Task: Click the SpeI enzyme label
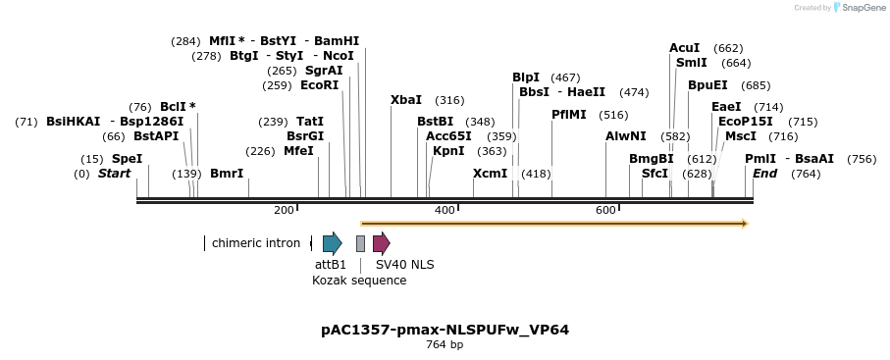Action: [x=127, y=158]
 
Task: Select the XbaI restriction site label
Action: [x=406, y=100]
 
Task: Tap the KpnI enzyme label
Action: [x=448, y=151]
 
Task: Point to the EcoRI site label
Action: [x=319, y=85]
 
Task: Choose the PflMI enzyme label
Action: [x=569, y=115]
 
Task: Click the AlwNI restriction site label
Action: [x=626, y=136]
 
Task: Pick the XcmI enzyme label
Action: [x=491, y=174]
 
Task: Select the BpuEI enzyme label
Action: [x=707, y=85]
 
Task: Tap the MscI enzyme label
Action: [x=741, y=136]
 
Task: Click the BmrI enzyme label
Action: [x=227, y=174]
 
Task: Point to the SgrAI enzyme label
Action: [x=324, y=71]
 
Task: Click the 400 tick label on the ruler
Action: [x=445, y=211]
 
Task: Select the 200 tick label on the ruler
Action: [x=284, y=211]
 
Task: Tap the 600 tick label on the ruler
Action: [x=605, y=211]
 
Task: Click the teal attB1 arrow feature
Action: [x=332, y=243]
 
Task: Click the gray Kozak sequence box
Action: [x=360, y=243]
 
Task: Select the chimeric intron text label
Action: [x=256, y=243]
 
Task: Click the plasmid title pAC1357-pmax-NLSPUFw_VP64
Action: [x=445, y=330]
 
